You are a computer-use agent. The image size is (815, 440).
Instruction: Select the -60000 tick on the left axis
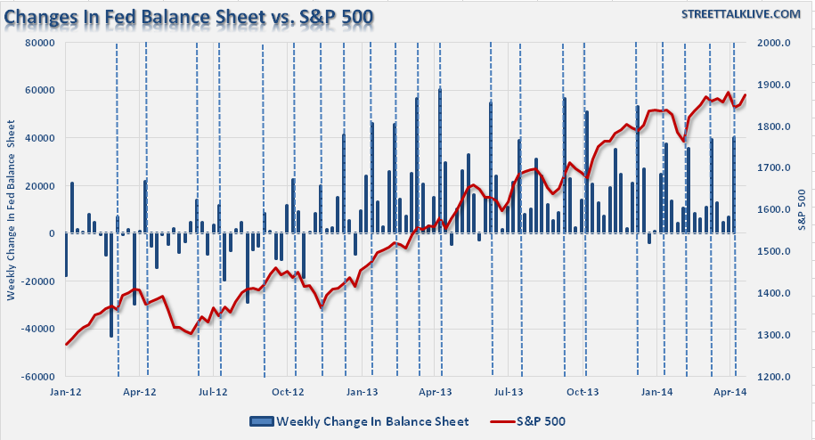tap(39, 377)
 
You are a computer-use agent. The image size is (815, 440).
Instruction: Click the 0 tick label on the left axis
tap(53, 233)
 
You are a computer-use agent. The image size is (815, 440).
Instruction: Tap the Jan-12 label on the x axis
tap(66, 391)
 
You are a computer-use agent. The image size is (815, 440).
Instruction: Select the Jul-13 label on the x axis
tap(508, 391)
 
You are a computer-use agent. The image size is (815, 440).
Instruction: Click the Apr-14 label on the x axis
tap(730, 391)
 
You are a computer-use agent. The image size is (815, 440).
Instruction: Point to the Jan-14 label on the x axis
tap(656, 391)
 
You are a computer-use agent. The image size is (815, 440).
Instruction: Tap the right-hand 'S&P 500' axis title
tap(802, 210)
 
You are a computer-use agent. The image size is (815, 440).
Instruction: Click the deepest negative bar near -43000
tap(111, 285)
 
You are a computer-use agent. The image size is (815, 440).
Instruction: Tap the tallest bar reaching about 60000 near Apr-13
tap(439, 160)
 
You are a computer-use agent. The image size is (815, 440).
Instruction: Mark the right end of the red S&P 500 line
tap(746, 95)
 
